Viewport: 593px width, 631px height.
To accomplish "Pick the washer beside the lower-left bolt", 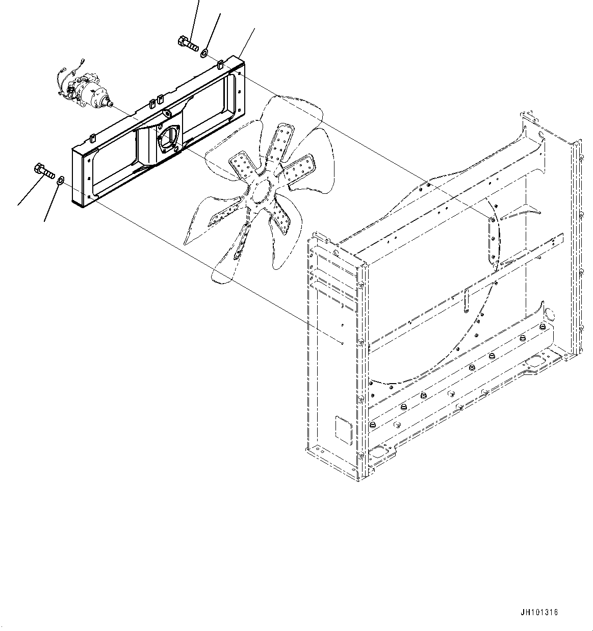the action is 60,180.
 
